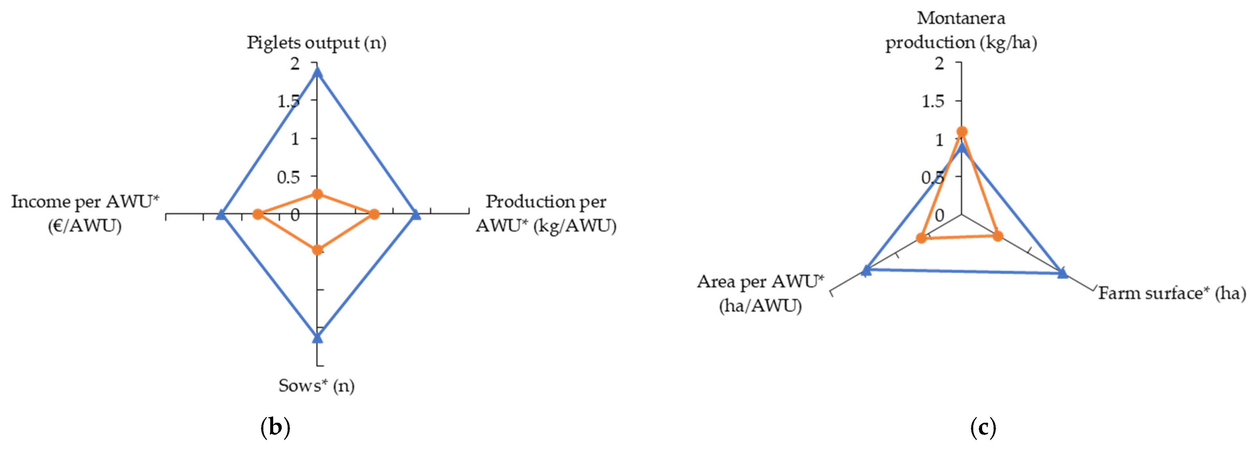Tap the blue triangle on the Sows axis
(318, 337)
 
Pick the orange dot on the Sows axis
(318, 250)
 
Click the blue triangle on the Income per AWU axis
(221, 214)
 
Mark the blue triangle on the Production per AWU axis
(416, 214)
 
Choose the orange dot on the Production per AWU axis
(374, 214)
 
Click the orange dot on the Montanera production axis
(962, 131)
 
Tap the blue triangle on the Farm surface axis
(1063, 273)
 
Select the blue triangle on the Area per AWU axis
(866, 270)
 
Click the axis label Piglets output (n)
(317, 43)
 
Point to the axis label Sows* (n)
(317, 386)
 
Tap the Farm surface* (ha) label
(1172, 293)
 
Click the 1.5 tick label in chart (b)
(289, 101)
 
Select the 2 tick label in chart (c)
(939, 63)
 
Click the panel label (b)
(275, 428)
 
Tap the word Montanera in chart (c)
(961, 18)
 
